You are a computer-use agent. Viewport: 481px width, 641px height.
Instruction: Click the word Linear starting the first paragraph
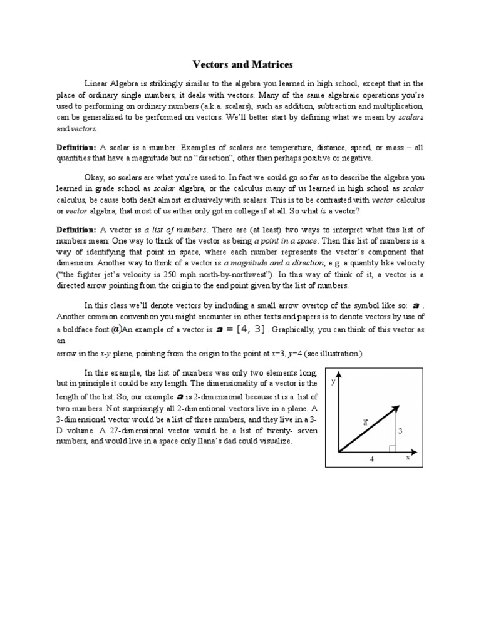97,83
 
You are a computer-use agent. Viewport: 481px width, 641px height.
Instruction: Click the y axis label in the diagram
333,381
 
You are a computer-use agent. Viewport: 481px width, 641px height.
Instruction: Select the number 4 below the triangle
371,459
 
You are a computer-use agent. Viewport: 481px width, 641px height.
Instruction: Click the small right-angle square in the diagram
391,448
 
